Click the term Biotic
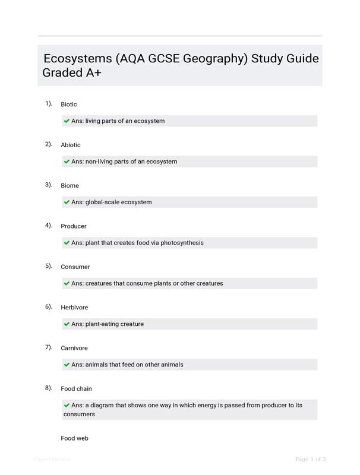click(x=69, y=104)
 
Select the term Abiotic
click(x=71, y=145)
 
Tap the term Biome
click(x=70, y=186)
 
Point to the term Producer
click(x=74, y=226)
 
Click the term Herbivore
click(x=74, y=308)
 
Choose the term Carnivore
click(x=74, y=349)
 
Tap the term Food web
click(x=74, y=438)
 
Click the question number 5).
click(x=49, y=266)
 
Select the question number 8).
click(x=49, y=388)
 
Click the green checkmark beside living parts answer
click(x=67, y=121)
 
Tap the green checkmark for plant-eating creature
click(x=67, y=324)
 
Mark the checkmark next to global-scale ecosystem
click(x=67, y=202)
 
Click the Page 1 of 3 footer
click(x=311, y=459)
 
